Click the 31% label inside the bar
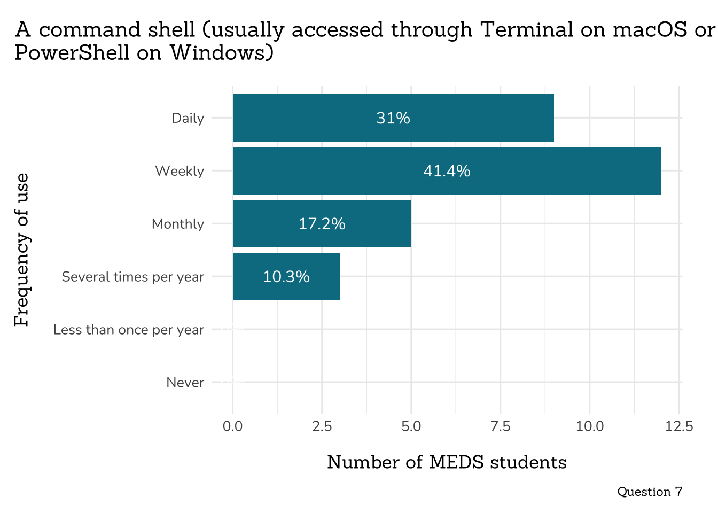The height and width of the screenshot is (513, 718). pyautogui.click(x=393, y=118)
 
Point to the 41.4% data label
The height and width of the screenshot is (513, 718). pyautogui.click(x=447, y=171)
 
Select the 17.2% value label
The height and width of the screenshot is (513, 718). pyautogui.click(x=322, y=224)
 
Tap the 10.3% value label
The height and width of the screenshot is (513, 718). pyautogui.click(x=286, y=277)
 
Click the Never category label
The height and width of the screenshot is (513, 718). pyautogui.click(x=185, y=383)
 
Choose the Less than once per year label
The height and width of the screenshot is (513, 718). pyautogui.click(x=128, y=330)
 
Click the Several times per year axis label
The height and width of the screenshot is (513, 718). pyautogui.click(x=132, y=277)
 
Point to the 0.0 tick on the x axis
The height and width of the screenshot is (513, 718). pyautogui.click(x=232, y=426)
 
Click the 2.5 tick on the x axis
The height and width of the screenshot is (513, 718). pyautogui.click(x=322, y=426)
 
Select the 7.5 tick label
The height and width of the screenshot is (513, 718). pyautogui.click(x=500, y=426)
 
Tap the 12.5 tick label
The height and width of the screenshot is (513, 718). pyautogui.click(x=679, y=426)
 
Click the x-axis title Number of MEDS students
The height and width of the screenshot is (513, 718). pyautogui.click(x=447, y=462)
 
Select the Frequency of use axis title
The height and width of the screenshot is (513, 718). pyautogui.click(x=21, y=250)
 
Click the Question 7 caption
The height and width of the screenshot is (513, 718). pyautogui.click(x=650, y=492)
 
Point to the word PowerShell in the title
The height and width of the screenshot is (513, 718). pyautogui.click(x=67, y=52)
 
